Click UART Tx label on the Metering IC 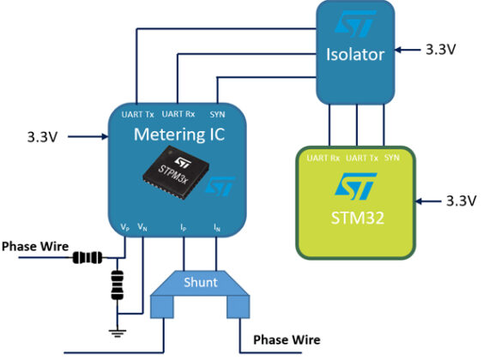(138, 114)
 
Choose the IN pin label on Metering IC (217, 228)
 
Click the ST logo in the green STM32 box (355, 184)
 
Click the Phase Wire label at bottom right (286, 340)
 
